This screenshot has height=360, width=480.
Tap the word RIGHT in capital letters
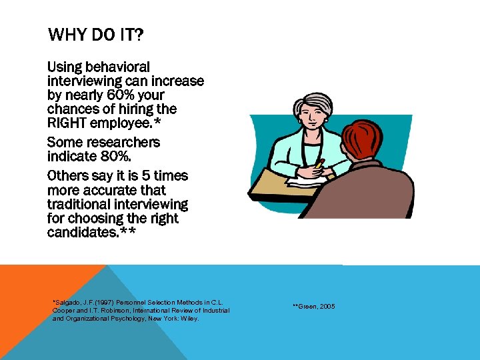pyautogui.click(x=69, y=122)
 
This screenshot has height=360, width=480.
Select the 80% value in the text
pyautogui.click(x=96, y=157)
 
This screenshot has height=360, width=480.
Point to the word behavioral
pyautogui.click(x=117, y=67)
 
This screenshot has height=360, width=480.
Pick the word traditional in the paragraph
pyautogui.click(x=82, y=204)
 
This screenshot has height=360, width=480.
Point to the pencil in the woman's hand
pyautogui.click(x=319, y=163)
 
